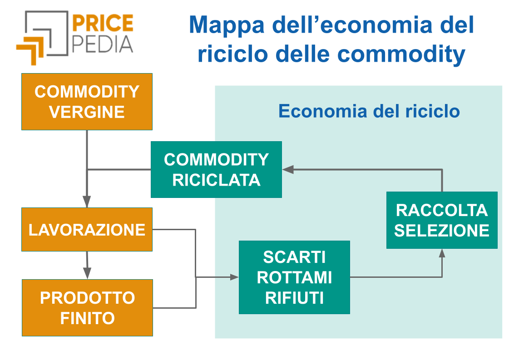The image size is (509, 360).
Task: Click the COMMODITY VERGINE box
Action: pos(87,102)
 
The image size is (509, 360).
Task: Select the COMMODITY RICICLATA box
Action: pos(216,169)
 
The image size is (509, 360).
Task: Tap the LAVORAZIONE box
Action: pos(87,229)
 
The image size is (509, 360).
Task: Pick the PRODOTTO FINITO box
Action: pos(87,307)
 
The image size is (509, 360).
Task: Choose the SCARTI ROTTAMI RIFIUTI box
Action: pos(294,277)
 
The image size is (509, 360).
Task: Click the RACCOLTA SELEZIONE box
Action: pos(441,220)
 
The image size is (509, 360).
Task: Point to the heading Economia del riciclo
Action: pos(369,111)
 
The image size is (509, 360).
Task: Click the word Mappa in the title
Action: pos(226,25)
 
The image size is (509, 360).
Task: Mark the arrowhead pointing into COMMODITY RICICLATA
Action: pos(288,169)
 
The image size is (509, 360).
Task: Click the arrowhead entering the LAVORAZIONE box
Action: pos(87,202)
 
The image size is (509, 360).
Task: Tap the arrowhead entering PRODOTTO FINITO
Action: pos(87,273)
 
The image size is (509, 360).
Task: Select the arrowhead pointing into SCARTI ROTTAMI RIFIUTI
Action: pos(234,277)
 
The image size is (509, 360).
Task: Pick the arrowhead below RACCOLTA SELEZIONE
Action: pos(442,253)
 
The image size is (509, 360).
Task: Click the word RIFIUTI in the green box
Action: pos(294,298)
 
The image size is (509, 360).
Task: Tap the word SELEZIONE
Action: pos(441,231)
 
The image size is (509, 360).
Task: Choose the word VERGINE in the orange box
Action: pos(87,112)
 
